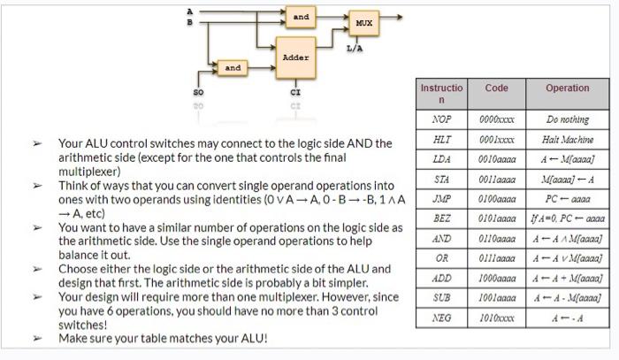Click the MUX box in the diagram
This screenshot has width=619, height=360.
363,22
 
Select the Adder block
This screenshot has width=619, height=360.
295,57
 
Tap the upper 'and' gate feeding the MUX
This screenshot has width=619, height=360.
302,17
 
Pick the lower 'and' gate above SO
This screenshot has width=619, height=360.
233,67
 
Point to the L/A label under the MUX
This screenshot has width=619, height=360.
355,48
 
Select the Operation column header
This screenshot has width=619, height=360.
567,88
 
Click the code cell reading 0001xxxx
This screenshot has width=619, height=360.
497,139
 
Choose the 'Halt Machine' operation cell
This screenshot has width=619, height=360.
567,139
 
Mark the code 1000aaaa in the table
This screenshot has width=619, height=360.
497,277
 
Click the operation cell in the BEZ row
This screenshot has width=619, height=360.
567,218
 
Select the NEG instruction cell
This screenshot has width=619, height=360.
441,317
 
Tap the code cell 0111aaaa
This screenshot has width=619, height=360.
497,257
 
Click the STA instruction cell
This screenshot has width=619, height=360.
441,179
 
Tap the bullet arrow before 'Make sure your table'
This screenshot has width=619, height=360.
37,339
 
